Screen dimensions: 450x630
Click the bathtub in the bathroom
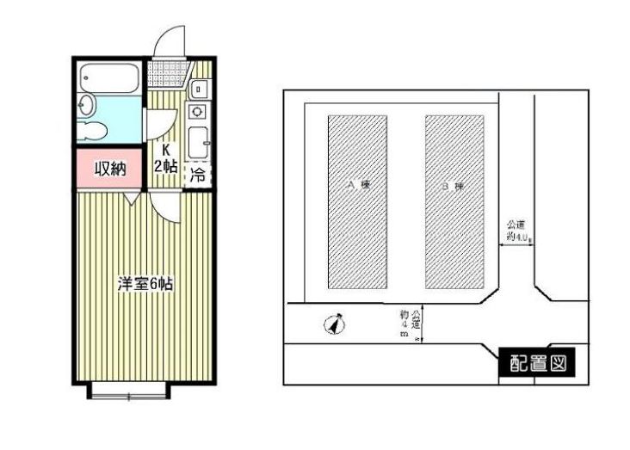pos(108,81)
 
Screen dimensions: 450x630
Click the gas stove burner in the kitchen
pos(197,110)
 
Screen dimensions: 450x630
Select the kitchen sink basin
pos(197,139)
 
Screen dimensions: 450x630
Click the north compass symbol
pos(336,325)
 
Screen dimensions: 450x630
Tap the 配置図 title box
pos(534,363)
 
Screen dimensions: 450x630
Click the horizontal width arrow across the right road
pos(517,244)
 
